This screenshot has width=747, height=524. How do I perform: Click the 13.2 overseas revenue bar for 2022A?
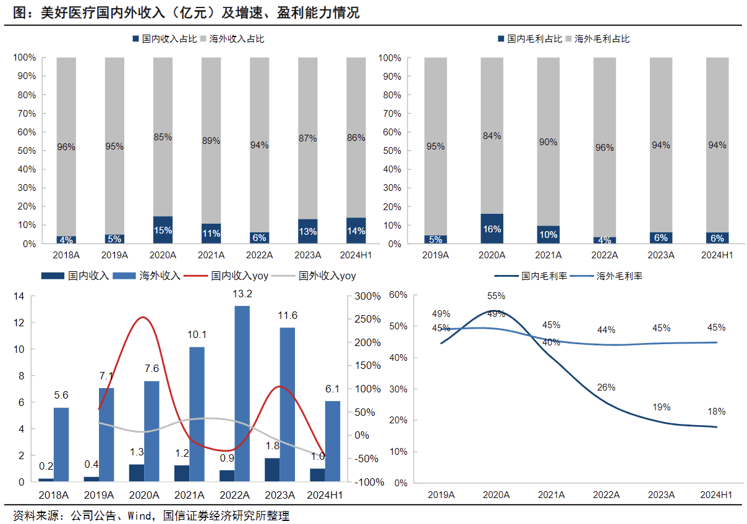(x=242, y=394)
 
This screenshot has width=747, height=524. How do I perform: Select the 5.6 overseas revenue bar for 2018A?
(x=61, y=444)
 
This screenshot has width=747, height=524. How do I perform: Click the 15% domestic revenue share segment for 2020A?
(x=163, y=230)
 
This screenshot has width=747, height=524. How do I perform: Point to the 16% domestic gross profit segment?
(x=492, y=229)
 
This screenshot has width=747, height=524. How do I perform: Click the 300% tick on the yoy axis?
(x=367, y=297)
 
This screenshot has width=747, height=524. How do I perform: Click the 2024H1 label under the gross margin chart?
(x=716, y=495)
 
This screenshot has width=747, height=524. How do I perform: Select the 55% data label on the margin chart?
(x=496, y=296)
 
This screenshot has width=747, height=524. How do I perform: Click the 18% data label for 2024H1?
(x=716, y=412)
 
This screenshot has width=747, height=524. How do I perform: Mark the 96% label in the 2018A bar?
(x=66, y=147)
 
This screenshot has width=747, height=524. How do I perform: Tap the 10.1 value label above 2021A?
(x=198, y=335)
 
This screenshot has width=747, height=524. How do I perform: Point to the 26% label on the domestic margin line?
(x=606, y=387)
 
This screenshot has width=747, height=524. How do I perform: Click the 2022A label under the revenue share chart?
(x=259, y=254)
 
